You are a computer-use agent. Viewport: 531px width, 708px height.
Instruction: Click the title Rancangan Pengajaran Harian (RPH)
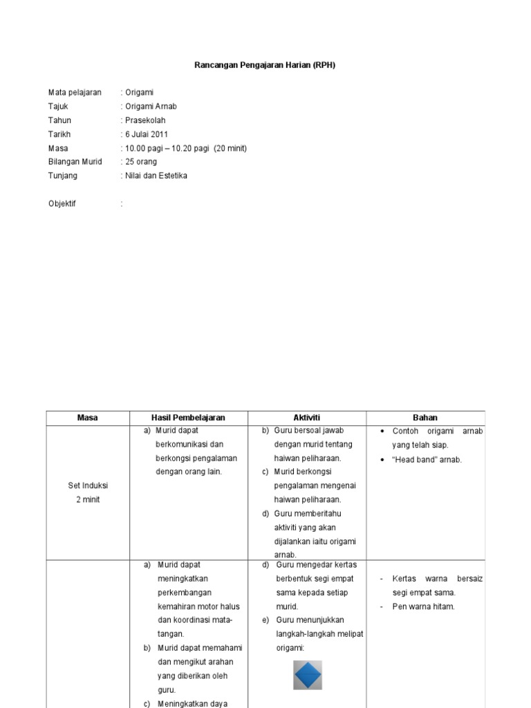pyautogui.click(x=265, y=65)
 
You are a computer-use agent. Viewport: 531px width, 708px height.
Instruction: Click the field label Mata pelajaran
pyautogui.click(x=75, y=93)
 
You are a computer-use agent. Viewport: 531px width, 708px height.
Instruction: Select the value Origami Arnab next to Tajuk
pyautogui.click(x=150, y=106)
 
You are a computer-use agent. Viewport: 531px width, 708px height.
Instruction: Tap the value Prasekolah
pyautogui.click(x=145, y=120)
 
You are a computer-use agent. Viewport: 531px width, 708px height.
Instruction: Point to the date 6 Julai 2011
pyautogui.click(x=146, y=134)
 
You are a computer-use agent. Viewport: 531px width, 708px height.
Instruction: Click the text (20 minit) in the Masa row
pyautogui.click(x=230, y=148)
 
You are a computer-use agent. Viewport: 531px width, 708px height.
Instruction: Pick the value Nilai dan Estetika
pyautogui.click(x=156, y=176)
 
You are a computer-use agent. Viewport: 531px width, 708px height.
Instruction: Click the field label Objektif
pyautogui.click(x=62, y=204)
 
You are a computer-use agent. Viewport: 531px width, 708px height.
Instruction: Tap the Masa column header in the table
pyautogui.click(x=88, y=418)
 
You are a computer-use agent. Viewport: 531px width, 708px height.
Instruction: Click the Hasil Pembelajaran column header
pyautogui.click(x=189, y=418)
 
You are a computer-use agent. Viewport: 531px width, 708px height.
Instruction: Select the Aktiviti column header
pyautogui.click(x=307, y=418)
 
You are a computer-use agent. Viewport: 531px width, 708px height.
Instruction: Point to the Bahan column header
pyautogui.click(x=425, y=418)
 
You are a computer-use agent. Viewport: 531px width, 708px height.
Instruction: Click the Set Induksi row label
pyautogui.click(x=88, y=485)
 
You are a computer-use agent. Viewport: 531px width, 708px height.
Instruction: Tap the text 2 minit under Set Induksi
pyautogui.click(x=88, y=499)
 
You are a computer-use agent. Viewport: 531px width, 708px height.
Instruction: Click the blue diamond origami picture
pyautogui.click(x=308, y=675)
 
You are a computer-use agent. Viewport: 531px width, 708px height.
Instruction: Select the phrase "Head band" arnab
pyautogui.click(x=427, y=460)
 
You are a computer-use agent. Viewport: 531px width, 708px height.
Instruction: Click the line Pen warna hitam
pyautogui.click(x=423, y=606)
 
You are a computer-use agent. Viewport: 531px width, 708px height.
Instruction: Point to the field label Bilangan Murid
pyautogui.click(x=75, y=162)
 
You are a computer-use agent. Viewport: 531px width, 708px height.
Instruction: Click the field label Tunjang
pyautogui.click(x=63, y=176)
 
